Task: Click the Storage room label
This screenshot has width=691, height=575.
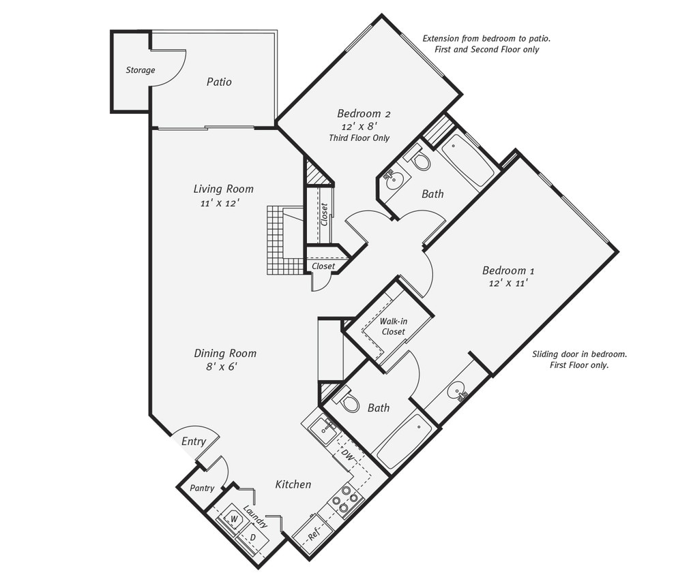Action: (x=140, y=70)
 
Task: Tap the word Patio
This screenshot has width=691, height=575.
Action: (x=219, y=82)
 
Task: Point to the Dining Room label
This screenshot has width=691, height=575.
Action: (x=225, y=353)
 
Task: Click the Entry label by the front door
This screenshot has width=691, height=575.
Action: (x=194, y=441)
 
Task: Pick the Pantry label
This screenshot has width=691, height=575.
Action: (x=202, y=488)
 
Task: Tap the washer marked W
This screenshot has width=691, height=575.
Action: (x=233, y=520)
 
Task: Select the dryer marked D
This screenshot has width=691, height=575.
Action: (x=252, y=538)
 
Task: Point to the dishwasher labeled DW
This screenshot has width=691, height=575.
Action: (x=347, y=455)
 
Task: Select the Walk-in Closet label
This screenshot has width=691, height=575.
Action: (x=393, y=326)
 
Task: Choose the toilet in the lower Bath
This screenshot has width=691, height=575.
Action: (x=350, y=403)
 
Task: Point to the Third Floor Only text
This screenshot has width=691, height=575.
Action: (x=359, y=138)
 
